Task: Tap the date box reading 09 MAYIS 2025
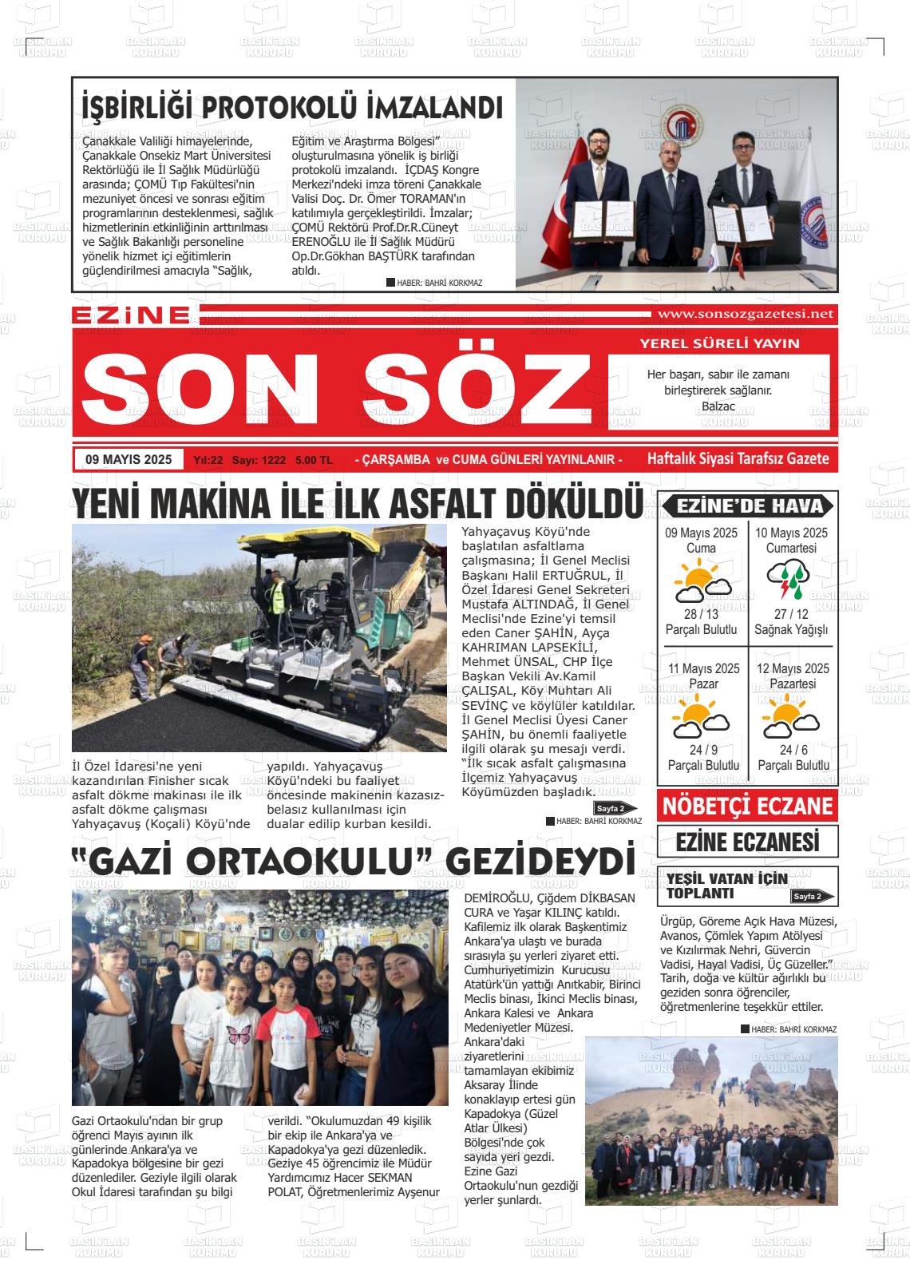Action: click(129, 459)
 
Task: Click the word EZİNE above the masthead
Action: click(131, 315)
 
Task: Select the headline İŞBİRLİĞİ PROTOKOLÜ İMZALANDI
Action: click(292, 107)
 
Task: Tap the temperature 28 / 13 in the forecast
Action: click(701, 614)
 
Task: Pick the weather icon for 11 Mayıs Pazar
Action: click(701, 718)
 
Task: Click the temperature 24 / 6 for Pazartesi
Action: click(793, 750)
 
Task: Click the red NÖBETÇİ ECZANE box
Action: click(747, 806)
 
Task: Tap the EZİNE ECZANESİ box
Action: click(747, 842)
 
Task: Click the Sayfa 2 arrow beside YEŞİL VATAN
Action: click(812, 897)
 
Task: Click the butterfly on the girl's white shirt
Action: click(239, 1035)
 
